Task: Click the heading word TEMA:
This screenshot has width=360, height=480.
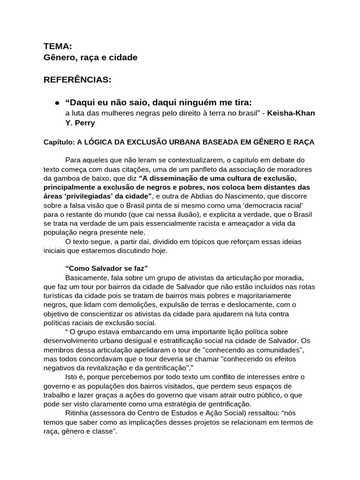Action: pyautogui.click(x=58, y=46)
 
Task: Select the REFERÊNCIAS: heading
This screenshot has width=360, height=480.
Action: pyautogui.click(x=77, y=80)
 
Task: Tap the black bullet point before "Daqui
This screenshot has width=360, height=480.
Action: pyautogui.click(x=56, y=103)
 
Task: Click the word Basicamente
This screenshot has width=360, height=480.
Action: pyautogui.click(x=87, y=277)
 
